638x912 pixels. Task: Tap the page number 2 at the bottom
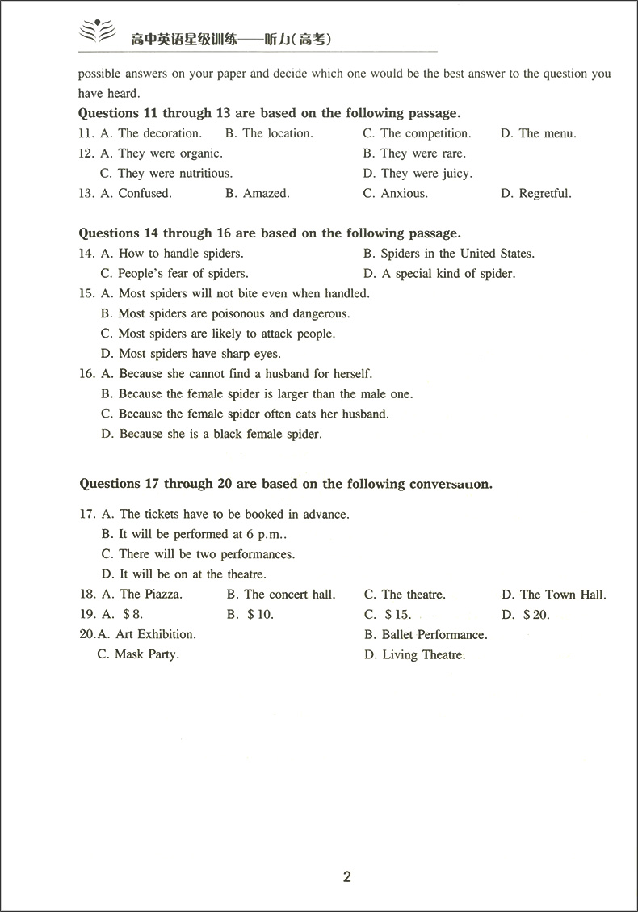(347, 877)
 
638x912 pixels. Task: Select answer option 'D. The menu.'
(538, 133)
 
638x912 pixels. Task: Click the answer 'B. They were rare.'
(414, 153)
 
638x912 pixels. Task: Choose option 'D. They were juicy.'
(418, 174)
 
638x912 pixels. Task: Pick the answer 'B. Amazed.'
(257, 194)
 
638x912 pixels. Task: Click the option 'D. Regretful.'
(535, 194)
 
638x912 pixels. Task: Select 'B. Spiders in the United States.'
(448, 254)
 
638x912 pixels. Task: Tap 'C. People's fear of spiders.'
(174, 274)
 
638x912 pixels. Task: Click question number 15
(86, 294)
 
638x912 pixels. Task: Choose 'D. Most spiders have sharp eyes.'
(191, 354)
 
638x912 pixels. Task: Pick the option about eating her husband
(245, 414)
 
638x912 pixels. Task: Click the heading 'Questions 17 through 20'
(286, 484)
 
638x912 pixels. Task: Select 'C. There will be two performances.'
(198, 554)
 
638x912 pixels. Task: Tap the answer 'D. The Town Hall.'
(553, 595)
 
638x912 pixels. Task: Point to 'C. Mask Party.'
(138, 654)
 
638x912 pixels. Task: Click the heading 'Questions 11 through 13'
(269, 114)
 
